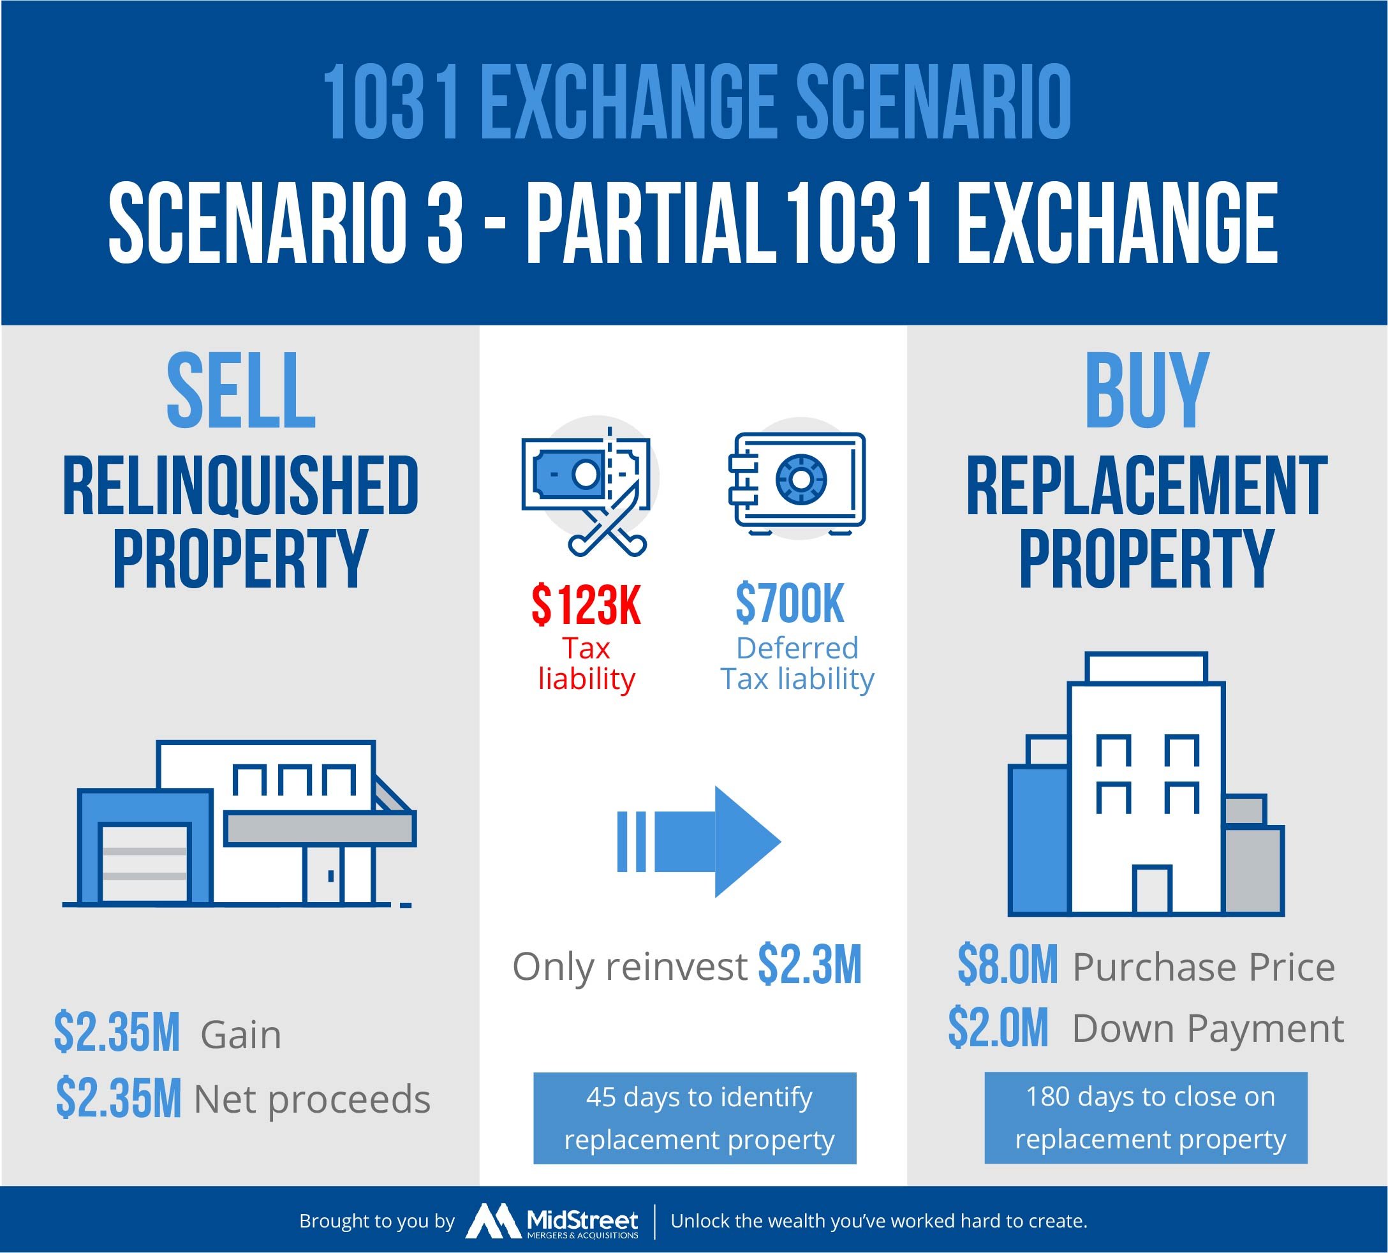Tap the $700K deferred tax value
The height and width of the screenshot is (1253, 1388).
pos(789,604)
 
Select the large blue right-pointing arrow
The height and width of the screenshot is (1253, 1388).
pos(698,842)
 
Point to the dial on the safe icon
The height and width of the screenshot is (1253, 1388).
pos(801,478)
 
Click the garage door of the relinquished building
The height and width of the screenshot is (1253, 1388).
pos(145,863)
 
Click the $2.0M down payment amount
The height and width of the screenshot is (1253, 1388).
pos(998,1027)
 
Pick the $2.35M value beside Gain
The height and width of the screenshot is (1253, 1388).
pos(117,1033)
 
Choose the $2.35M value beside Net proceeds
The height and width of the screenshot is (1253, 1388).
pos(119,1098)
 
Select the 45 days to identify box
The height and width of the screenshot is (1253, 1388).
pos(695,1118)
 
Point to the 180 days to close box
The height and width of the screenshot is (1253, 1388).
pos(1146,1117)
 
